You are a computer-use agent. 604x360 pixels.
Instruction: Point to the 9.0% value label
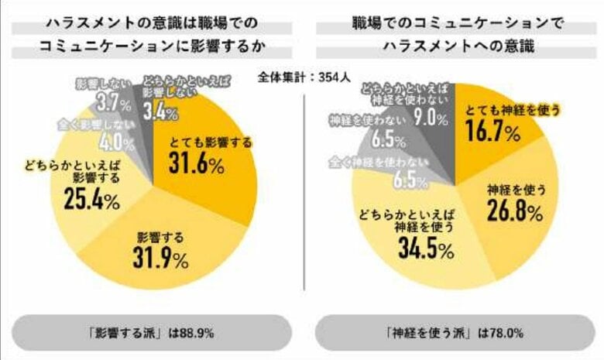point(430,118)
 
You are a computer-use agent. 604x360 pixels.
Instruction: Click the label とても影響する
point(203,142)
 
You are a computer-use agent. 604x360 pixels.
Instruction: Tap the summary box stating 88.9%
point(153,334)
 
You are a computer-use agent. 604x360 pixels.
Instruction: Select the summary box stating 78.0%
point(455,334)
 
